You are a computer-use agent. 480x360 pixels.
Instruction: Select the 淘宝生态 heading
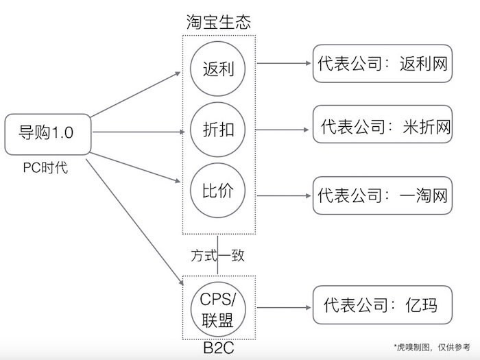(218, 21)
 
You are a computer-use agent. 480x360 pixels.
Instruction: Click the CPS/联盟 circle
(219, 309)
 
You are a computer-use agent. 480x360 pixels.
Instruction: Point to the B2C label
(218, 348)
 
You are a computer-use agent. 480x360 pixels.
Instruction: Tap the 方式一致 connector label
(218, 255)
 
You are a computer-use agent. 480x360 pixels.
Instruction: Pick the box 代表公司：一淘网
(382, 195)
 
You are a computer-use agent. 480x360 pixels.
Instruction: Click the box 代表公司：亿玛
(382, 306)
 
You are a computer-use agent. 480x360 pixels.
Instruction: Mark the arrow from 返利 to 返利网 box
(284, 64)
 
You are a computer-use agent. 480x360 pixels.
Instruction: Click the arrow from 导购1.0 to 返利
(137, 94)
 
